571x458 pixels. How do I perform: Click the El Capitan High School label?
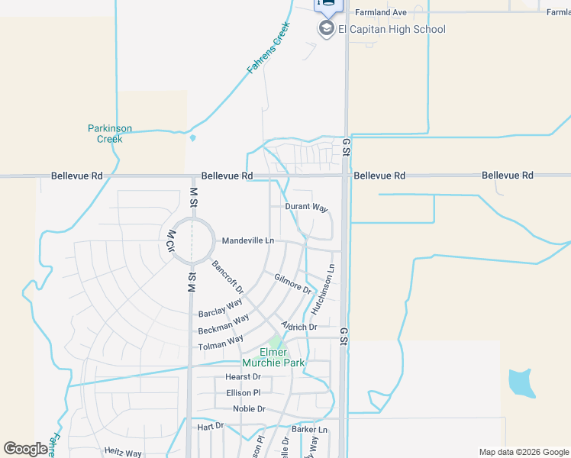[392, 30]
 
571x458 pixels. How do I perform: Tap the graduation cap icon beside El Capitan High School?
[327, 29]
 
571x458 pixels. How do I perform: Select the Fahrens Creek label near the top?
[268, 47]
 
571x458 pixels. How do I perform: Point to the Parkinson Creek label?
[110, 134]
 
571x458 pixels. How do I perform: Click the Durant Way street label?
[306, 208]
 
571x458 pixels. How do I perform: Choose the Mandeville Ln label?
[247, 240]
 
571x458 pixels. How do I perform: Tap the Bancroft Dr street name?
[227, 278]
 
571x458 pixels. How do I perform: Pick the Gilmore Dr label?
[293, 285]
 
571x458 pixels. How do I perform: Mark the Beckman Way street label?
[223, 324]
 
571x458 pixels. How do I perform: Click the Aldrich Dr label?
[298, 327]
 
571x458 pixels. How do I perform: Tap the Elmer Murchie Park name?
[273, 357]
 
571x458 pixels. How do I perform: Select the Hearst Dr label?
[243, 377]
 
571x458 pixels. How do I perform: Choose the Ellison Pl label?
[244, 393]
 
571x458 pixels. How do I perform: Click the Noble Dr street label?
[249, 409]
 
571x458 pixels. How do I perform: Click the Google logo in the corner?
[25, 449]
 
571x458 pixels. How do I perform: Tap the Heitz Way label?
[123, 453]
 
